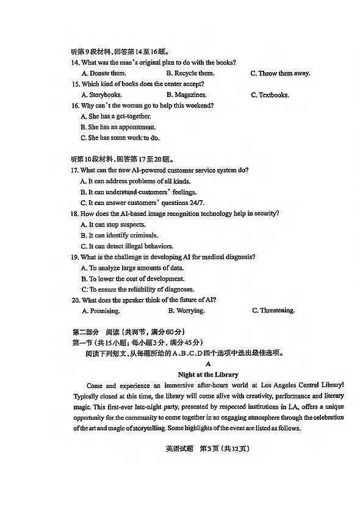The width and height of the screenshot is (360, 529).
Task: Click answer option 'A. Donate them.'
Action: (103, 73)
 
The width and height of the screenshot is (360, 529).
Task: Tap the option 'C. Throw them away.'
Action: (280, 73)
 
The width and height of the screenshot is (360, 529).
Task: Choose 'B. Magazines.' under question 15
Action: (186, 95)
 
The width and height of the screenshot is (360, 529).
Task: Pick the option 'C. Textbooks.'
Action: (270, 95)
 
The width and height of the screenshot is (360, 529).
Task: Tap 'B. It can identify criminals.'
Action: (119, 235)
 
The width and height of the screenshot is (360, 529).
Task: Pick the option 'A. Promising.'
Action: (100, 311)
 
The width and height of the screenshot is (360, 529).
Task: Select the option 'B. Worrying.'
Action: (186, 311)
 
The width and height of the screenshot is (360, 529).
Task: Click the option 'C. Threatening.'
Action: (273, 311)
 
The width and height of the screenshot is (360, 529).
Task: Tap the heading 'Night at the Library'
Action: (208, 374)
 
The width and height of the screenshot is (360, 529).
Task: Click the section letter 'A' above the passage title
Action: (208, 363)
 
